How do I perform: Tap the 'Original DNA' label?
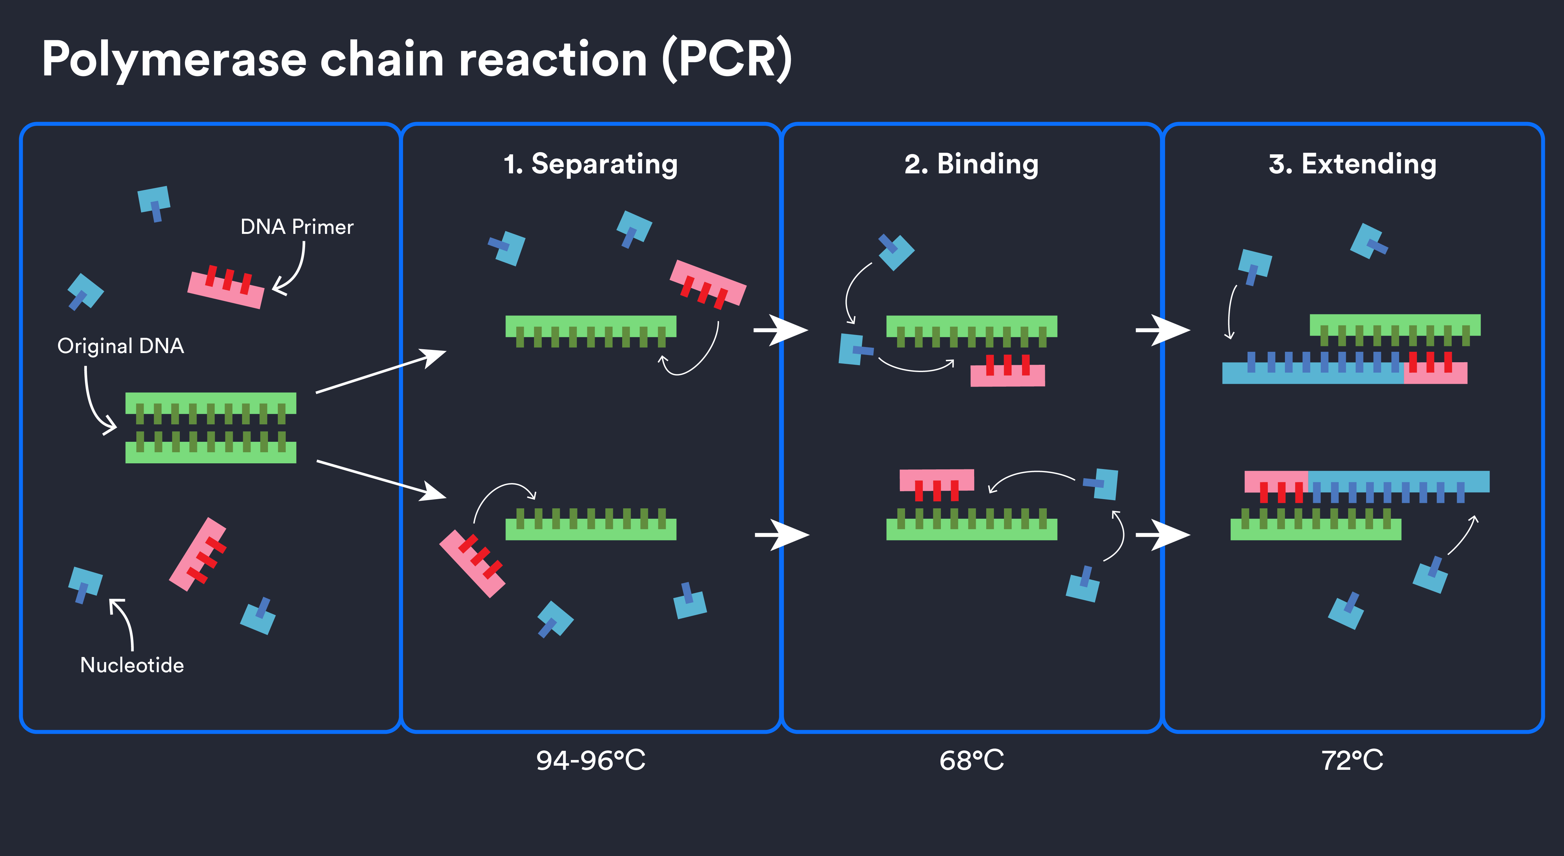pyautogui.click(x=120, y=346)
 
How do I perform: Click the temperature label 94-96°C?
pyautogui.click(x=590, y=760)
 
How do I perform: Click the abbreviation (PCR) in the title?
pyautogui.click(x=726, y=60)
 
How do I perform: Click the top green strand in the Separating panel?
pyautogui.click(x=590, y=326)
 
